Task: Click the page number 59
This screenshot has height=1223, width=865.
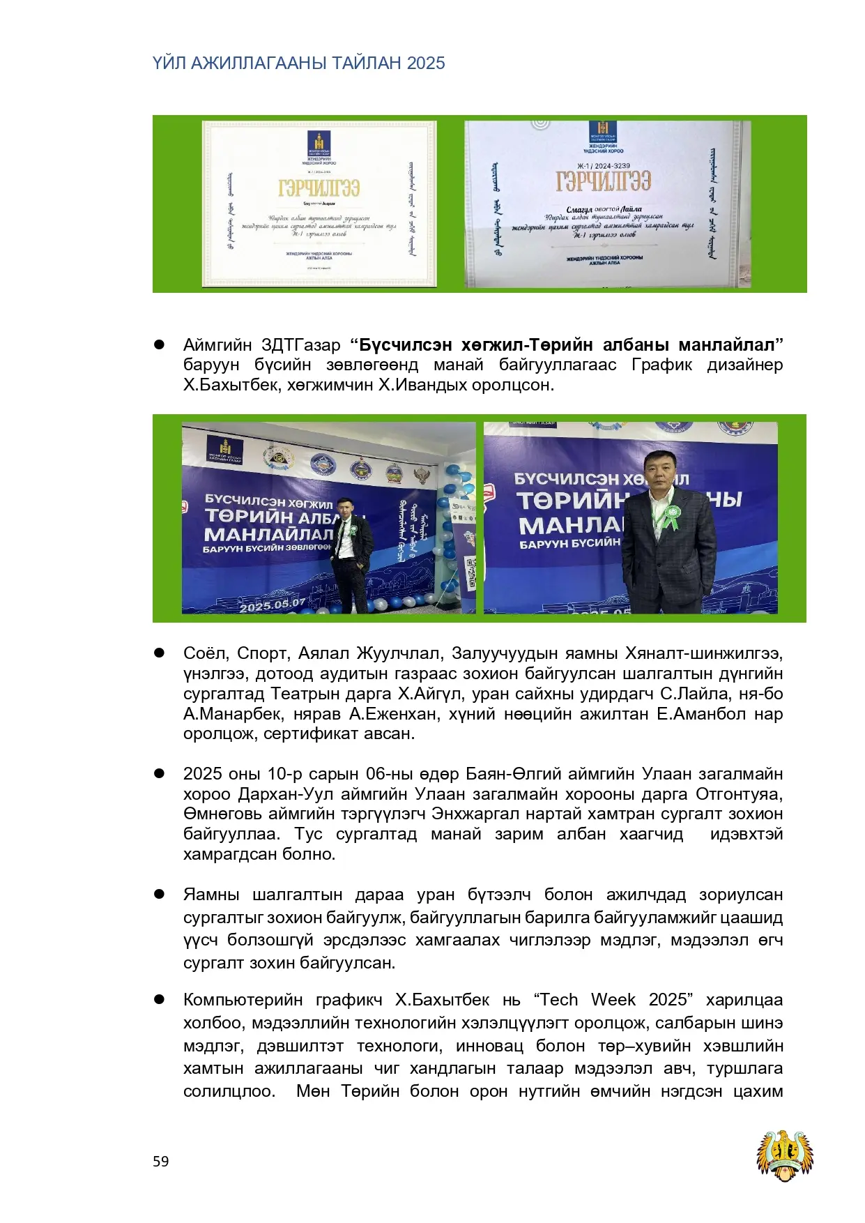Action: pyautogui.click(x=160, y=1161)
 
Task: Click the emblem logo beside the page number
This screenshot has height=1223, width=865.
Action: pyautogui.click(x=785, y=1155)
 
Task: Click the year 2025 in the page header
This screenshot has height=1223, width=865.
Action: pyautogui.click(x=426, y=63)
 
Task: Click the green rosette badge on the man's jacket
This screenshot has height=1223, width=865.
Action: pyautogui.click(x=671, y=517)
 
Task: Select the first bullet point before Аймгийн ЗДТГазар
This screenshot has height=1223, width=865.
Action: pyautogui.click(x=159, y=344)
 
